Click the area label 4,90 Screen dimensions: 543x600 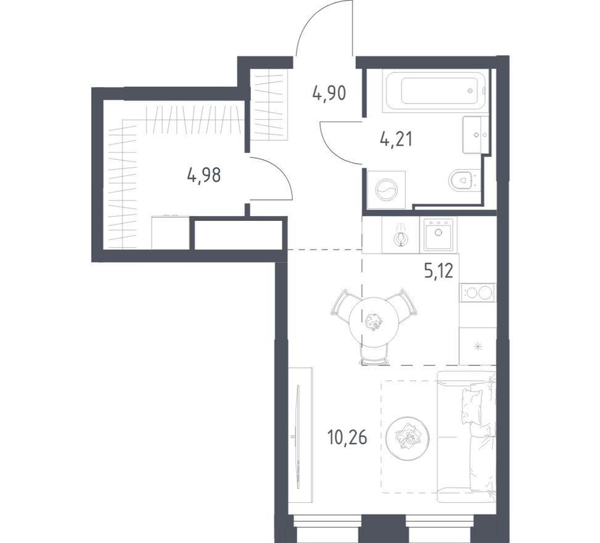[329, 94]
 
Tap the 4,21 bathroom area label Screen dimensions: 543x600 [395, 139]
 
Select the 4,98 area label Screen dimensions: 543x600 [203, 175]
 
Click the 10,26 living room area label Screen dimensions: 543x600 [347, 438]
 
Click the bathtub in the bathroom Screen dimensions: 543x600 [435, 91]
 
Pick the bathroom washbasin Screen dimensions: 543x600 [476, 134]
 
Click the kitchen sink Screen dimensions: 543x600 [438, 234]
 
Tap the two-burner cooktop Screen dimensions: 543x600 [478, 292]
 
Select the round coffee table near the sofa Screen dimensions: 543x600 [408, 437]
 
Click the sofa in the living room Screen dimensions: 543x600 [467, 432]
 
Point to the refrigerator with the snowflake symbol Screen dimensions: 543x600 [478, 346]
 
